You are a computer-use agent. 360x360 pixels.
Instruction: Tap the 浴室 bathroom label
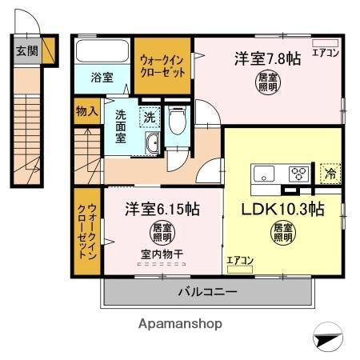[x=101, y=78]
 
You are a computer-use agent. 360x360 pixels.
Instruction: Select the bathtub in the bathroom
[x=102, y=52]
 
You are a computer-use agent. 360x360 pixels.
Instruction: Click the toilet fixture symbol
[x=177, y=120]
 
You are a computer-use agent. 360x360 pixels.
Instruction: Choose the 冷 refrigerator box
[x=328, y=172]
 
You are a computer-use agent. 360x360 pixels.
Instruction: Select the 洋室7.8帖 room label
[x=267, y=58]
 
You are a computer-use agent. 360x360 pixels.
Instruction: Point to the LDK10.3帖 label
[x=282, y=210]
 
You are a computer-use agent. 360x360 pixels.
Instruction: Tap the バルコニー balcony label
[x=207, y=293]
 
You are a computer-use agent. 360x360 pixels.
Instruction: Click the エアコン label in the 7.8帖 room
[x=326, y=54]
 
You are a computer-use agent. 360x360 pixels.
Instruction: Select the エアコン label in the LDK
[x=239, y=259]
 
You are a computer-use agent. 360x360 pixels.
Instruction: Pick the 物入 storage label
[x=86, y=110]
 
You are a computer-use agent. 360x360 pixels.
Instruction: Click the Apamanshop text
[x=181, y=324]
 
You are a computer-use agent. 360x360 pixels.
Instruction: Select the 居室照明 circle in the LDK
[x=282, y=233]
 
